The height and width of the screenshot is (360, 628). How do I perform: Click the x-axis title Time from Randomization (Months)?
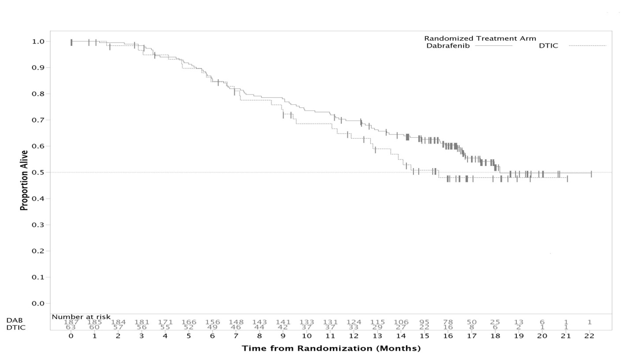click(x=331, y=348)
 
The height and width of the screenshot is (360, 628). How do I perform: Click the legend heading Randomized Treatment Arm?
click(x=480, y=38)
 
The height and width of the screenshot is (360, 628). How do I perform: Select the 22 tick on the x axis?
click(x=589, y=336)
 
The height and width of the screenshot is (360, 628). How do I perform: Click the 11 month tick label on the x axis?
click(x=330, y=336)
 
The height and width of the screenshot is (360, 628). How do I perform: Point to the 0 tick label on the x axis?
click(x=71, y=336)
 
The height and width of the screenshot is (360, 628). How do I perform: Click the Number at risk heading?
click(x=81, y=317)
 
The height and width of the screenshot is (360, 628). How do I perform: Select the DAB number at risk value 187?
click(x=71, y=322)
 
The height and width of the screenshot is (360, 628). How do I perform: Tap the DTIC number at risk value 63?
click(x=71, y=327)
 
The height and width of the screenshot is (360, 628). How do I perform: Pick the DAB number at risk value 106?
click(x=401, y=322)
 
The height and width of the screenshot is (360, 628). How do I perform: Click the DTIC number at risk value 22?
click(x=424, y=327)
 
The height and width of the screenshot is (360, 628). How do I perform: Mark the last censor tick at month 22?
click(x=591, y=174)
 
